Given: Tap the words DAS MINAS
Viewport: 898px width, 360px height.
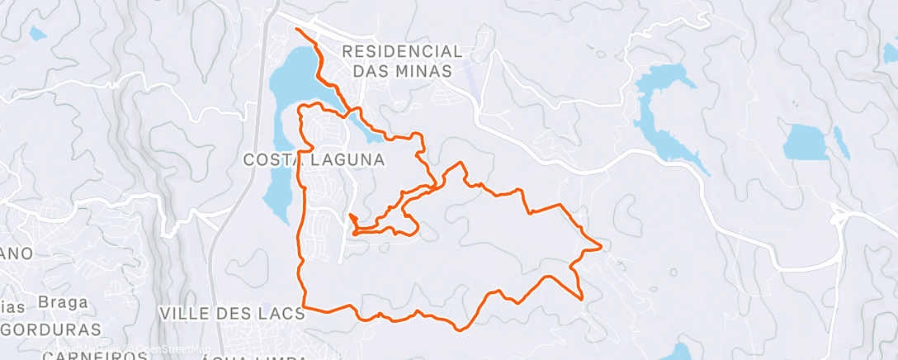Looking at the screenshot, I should (x=402, y=71).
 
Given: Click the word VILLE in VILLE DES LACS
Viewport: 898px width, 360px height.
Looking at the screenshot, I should (x=186, y=314).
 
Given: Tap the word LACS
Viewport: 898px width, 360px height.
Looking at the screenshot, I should (x=278, y=314).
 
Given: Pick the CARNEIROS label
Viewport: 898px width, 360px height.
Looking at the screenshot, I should (x=91, y=355).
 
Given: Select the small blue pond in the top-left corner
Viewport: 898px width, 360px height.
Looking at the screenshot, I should (x=37, y=34).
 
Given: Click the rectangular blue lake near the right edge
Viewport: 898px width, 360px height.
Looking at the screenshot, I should (x=806, y=142).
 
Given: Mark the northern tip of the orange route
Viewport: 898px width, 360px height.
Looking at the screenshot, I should (x=297, y=30).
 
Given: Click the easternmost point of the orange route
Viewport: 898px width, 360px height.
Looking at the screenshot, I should (x=601, y=246).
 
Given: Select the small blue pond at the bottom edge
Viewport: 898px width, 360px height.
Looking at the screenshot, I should (x=679, y=353).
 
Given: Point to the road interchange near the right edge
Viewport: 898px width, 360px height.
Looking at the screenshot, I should (x=840, y=221).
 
